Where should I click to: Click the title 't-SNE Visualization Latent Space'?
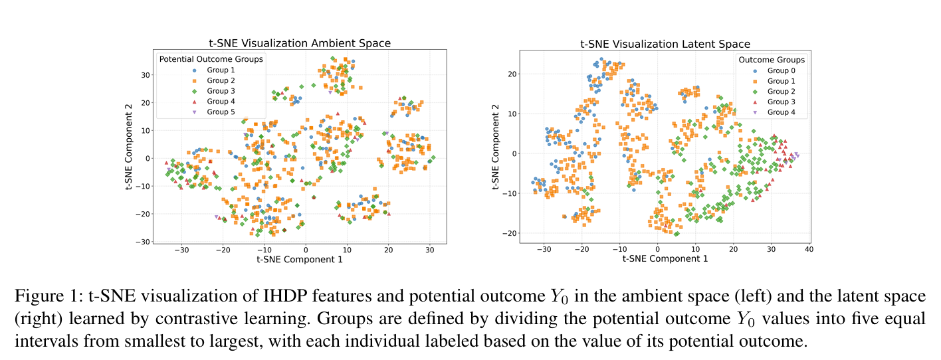click(x=665, y=44)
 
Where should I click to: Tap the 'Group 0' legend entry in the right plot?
click(x=781, y=70)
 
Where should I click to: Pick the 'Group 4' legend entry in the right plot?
click(x=781, y=112)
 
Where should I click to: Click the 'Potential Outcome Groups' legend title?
click(x=211, y=59)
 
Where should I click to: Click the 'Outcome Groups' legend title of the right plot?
click(x=771, y=60)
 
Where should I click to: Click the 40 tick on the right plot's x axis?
click(x=808, y=249)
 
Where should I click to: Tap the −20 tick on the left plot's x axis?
click(x=223, y=250)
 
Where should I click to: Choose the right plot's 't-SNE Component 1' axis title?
click(x=665, y=258)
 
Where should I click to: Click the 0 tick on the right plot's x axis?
click(x=658, y=249)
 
